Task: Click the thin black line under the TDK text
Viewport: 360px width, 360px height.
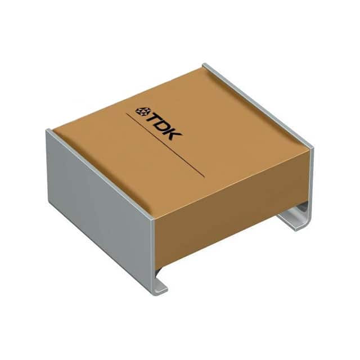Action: pyautogui.click(x=166, y=146)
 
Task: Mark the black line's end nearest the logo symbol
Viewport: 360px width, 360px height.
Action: pyautogui.click(x=127, y=115)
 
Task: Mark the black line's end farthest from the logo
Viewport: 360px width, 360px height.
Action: pyautogui.click(x=204, y=177)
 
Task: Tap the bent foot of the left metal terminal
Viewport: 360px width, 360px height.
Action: pyautogui.click(x=159, y=289)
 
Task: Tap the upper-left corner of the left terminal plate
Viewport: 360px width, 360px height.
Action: pyautogui.click(x=47, y=131)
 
